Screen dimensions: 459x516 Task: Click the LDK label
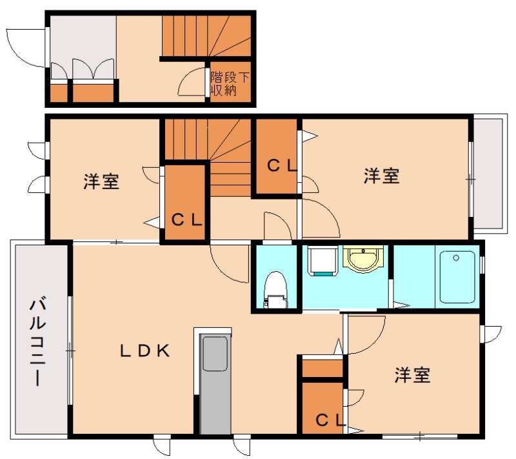(144, 351)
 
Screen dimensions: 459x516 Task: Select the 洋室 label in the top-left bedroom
(101, 182)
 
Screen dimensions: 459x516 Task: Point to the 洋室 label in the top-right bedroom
(381, 176)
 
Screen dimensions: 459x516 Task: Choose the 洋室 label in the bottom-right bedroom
(412, 375)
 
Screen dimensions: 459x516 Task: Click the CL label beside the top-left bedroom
(187, 219)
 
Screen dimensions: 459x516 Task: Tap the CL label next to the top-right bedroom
(282, 166)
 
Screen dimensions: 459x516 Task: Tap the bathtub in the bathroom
(457, 277)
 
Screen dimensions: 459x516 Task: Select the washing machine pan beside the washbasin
(322, 261)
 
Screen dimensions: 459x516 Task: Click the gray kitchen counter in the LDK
(215, 383)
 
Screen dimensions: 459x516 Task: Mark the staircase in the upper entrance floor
(205, 36)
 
